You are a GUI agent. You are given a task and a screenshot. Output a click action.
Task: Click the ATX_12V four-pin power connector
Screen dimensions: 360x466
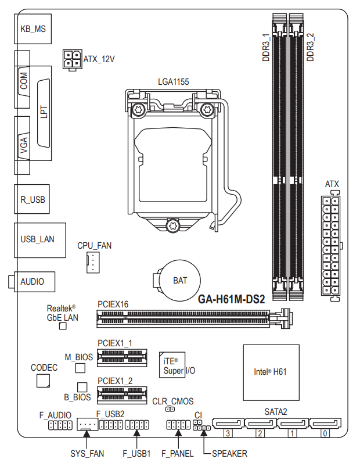[x=73, y=60]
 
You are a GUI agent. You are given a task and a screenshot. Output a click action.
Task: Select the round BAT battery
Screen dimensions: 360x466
[x=179, y=281]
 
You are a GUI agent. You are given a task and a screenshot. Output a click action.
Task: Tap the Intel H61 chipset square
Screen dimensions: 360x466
[x=271, y=372]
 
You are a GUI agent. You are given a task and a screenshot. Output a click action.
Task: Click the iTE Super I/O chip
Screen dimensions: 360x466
[x=172, y=365]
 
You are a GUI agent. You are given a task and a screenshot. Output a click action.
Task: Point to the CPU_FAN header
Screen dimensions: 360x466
[x=93, y=263]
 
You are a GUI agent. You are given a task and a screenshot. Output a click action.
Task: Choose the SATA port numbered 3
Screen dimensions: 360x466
[x=228, y=423]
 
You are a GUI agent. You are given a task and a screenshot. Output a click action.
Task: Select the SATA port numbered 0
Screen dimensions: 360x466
[x=325, y=423]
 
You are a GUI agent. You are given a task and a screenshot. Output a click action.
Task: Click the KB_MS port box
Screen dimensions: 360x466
[x=33, y=29]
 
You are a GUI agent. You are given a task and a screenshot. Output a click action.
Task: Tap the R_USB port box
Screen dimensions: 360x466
[x=32, y=199]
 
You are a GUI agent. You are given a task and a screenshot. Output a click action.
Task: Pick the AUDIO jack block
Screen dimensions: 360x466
[x=32, y=281]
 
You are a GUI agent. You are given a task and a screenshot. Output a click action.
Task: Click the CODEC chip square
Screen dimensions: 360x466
[x=43, y=381]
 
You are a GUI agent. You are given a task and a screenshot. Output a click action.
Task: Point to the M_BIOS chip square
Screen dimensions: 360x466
[x=80, y=368]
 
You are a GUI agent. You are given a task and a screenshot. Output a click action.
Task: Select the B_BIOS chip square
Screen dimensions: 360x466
[x=82, y=387]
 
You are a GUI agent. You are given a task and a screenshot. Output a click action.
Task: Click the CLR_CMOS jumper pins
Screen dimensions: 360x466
[x=170, y=409]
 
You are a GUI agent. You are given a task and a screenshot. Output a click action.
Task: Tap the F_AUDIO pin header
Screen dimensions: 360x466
[x=60, y=425]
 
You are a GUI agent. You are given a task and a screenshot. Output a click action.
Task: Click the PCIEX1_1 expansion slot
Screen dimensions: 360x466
[x=122, y=358]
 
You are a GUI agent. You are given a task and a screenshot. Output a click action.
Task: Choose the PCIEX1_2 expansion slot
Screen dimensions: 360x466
[x=122, y=395]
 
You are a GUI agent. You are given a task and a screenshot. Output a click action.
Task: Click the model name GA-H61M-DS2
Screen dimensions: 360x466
[x=231, y=299]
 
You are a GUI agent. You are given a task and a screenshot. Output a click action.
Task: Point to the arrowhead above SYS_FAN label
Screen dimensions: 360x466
[x=87, y=433]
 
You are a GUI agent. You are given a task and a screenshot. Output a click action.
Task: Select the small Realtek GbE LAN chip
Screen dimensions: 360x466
[x=63, y=326]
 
